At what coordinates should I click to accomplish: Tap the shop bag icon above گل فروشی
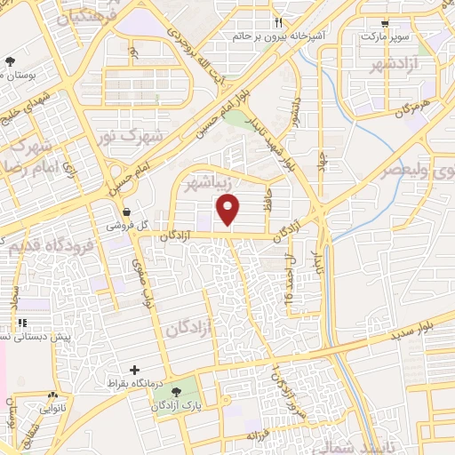pos(129,212)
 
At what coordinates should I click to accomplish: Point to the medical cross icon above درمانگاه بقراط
pos(134,370)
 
